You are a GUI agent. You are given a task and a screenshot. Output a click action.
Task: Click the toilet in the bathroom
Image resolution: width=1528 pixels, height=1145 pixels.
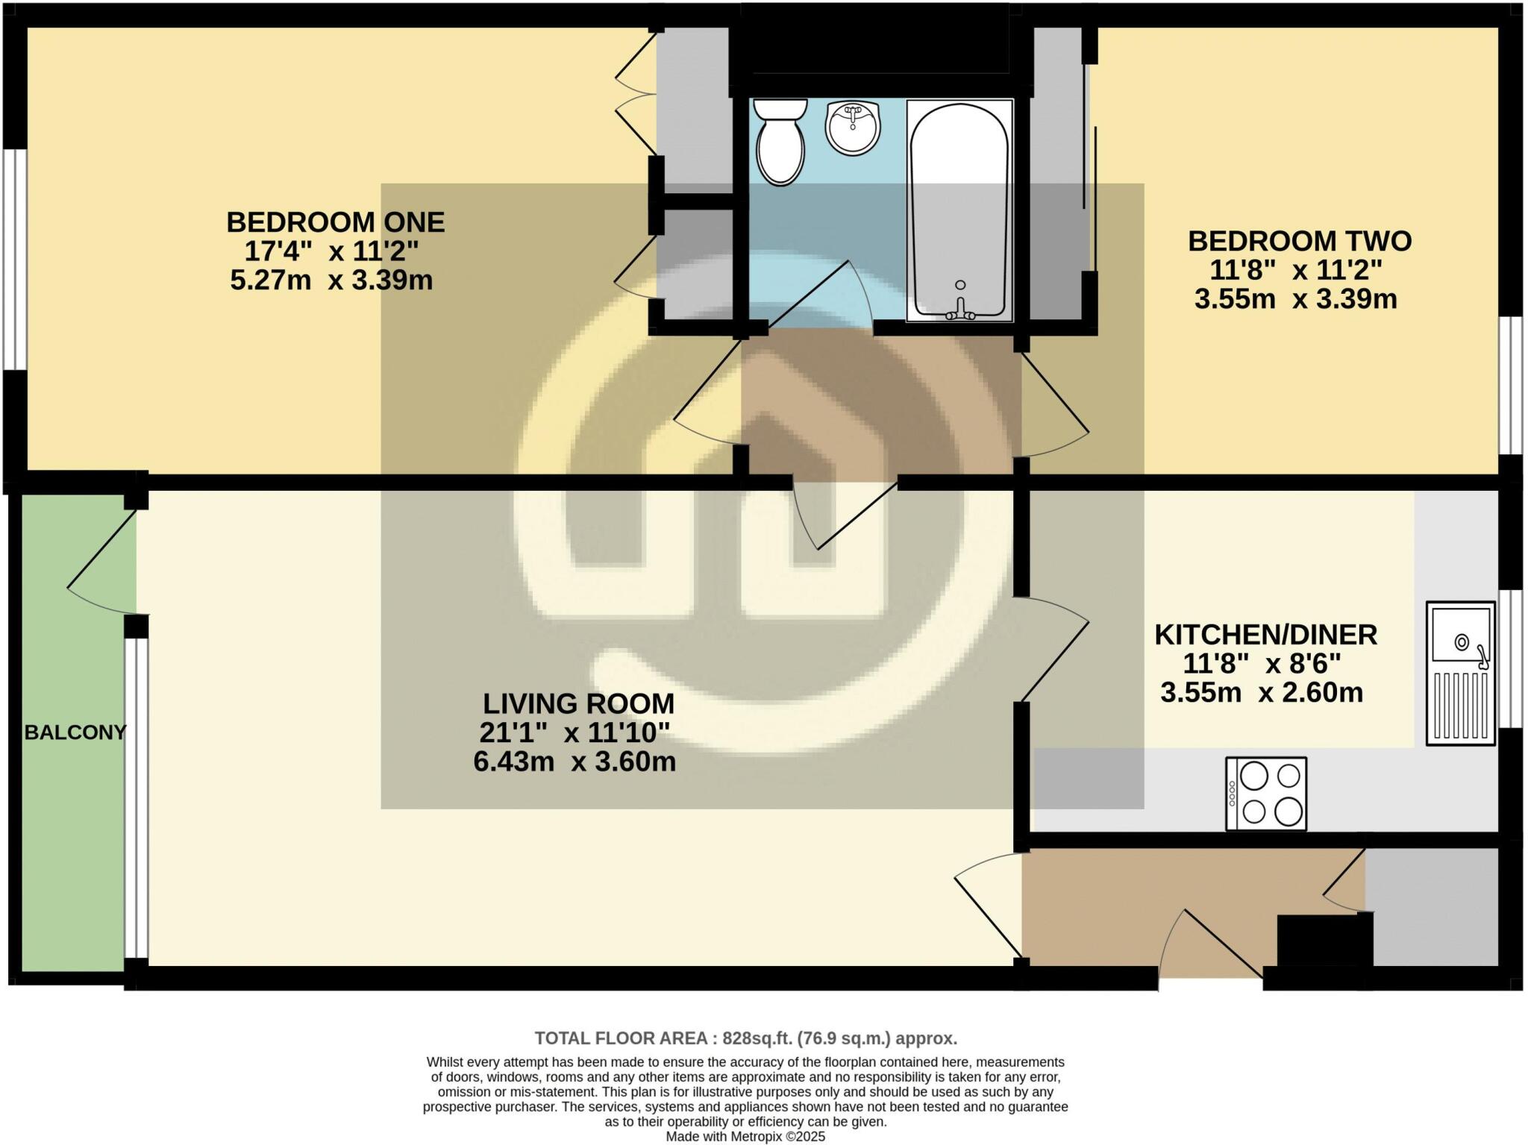tap(780, 144)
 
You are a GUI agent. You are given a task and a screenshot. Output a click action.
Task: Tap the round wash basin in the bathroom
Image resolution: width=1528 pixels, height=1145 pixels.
tap(853, 129)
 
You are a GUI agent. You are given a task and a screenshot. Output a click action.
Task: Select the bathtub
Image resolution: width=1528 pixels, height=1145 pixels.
tap(959, 211)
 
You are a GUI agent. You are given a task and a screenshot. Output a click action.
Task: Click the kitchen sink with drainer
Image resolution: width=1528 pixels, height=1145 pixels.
tap(1461, 673)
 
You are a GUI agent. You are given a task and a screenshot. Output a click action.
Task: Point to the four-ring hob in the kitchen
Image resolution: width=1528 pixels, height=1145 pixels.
tap(1266, 794)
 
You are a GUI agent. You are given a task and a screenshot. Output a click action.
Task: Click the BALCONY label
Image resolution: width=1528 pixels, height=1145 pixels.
tap(75, 733)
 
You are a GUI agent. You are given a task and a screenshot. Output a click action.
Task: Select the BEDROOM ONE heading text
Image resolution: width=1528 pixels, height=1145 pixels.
tap(335, 222)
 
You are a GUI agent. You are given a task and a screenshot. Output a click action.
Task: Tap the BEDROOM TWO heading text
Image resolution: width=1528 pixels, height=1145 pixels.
tap(1299, 241)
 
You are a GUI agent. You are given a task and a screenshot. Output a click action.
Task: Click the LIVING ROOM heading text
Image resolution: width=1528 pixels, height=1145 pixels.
tap(578, 703)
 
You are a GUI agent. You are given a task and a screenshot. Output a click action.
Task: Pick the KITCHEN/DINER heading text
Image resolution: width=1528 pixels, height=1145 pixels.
tap(1265, 635)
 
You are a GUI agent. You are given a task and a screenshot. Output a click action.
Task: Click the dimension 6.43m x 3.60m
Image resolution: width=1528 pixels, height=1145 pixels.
tap(574, 762)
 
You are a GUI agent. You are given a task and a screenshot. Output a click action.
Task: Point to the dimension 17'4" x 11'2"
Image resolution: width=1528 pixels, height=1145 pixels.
tap(332, 251)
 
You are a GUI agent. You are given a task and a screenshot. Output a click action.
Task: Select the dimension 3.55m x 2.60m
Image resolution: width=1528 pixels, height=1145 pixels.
tap(1262, 692)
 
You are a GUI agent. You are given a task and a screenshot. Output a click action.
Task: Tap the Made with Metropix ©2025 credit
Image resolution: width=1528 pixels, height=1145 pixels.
tap(745, 1136)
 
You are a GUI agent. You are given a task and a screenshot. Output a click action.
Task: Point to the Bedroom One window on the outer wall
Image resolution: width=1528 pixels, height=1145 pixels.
tap(15, 259)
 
